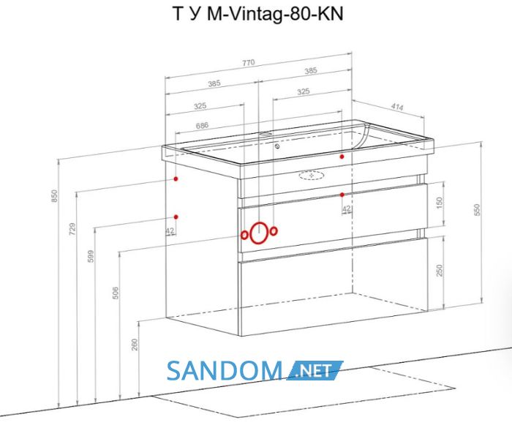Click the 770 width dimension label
pyautogui.click(x=248, y=62)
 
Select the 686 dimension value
pyautogui.click(x=202, y=125)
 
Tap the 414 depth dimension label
pyautogui.click(x=397, y=107)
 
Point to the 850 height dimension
pyautogui.click(x=55, y=195)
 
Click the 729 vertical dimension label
pyautogui.click(x=72, y=229)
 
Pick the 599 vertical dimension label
pyautogui.click(x=91, y=256)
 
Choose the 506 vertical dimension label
pyautogui.click(x=116, y=293)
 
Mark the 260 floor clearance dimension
pyautogui.click(x=135, y=345)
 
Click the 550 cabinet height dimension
pyautogui.click(x=477, y=210)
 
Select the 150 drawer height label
pyautogui.click(x=440, y=203)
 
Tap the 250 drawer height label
pyautogui.click(x=440, y=270)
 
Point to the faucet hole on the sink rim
pyautogui.click(x=267, y=134)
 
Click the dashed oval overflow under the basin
pyautogui.click(x=312, y=176)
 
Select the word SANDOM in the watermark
pyautogui.click(x=225, y=370)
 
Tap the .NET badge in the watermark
pyautogui.click(x=315, y=370)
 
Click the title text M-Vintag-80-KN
pyautogui.click(x=275, y=14)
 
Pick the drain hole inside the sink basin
pyautogui.click(x=277, y=146)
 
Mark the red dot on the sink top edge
pyautogui.click(x=342, y=157)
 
